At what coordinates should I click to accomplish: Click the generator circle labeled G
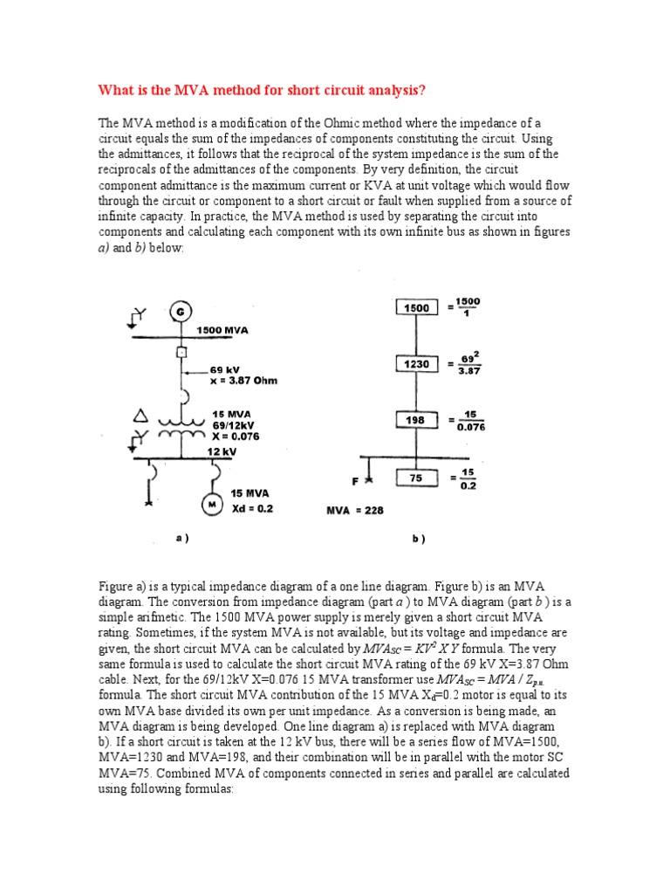coord(180,311)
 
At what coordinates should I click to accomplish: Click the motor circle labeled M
coord(212,504)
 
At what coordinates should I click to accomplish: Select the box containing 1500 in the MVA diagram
coord(417,308)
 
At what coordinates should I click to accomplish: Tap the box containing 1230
coord(417,363)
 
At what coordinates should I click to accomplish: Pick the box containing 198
coord(417,420)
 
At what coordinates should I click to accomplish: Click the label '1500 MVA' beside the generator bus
coord(222,331)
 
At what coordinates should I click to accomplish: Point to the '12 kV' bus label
coord(222,451)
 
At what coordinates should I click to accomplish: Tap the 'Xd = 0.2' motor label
coord(251,508)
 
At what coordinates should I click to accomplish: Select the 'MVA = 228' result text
coord(353,510)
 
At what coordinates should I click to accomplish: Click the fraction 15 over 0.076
coord(470,421)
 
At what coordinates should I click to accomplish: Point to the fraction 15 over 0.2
coord(468,478)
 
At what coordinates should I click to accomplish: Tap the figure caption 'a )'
coord(182,539)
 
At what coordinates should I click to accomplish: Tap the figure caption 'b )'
coord(418,540)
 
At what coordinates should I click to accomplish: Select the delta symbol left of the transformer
coord(137,415)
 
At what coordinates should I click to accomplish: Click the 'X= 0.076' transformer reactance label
coord(236,435)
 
